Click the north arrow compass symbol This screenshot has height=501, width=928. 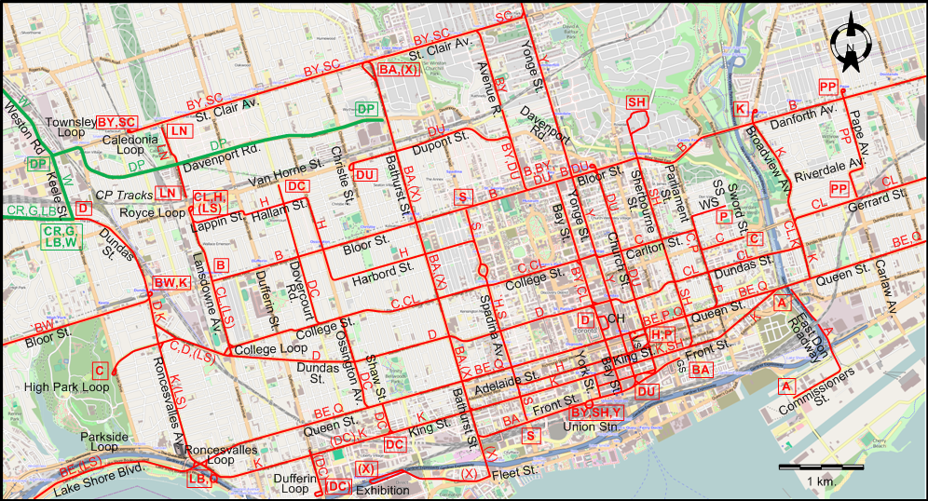pyautogui.click(x=850, y=47)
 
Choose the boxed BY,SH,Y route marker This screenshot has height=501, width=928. pyautogui.click(x=595, y=413)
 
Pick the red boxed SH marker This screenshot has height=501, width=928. pyautogui.click(x=637, y=102)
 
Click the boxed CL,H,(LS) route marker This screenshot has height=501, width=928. pyautogui.click(x=209, y=203)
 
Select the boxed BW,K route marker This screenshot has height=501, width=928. pyautogui.click(x=171, y=282)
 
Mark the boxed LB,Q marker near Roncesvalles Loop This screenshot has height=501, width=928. pyautogui.click(x=202, y=479)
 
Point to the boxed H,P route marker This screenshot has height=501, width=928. pyautogui.click(x=662, y=334)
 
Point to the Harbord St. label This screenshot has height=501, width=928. pyautogui.click(x=382, y=275)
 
